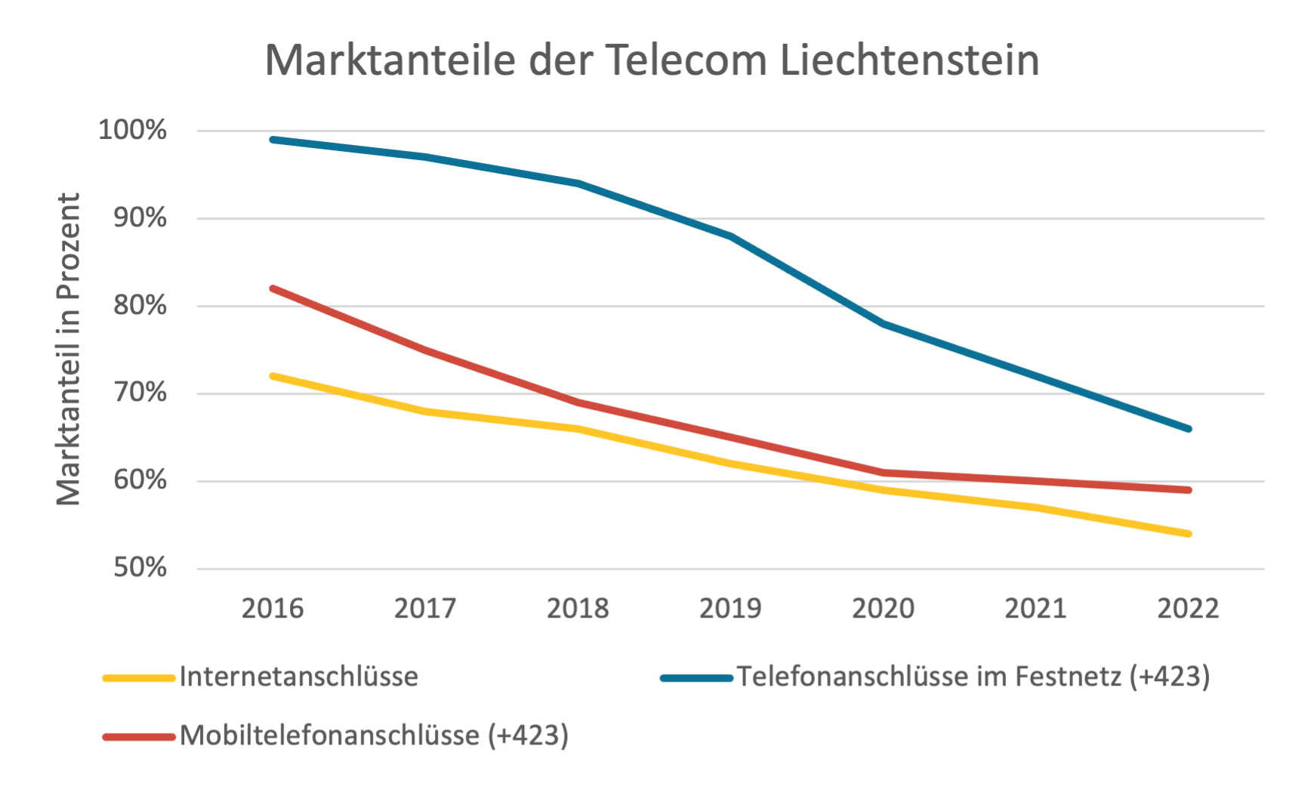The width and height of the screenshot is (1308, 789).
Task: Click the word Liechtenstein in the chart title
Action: [909, 60]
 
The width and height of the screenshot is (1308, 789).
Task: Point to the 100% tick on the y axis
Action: [133, 130]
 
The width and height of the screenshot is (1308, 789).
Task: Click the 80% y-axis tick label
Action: [140, 305]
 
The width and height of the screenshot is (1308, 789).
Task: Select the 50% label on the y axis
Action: [140, 568]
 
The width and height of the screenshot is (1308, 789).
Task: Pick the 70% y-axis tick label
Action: [140, 393]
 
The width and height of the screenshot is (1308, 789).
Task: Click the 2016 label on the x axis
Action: [273, 609]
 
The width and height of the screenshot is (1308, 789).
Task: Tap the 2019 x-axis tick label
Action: [730, 609]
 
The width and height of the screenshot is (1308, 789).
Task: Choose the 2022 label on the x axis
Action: [1188, 609]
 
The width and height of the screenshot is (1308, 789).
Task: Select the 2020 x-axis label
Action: [883, 609]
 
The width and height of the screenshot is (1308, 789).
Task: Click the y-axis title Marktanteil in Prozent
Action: [69, 349]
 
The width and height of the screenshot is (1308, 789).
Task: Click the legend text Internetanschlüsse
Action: [299, 677]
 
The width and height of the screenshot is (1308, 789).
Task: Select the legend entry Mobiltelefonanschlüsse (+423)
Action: [374, 735]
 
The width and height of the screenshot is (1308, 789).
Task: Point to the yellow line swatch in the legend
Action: [140, 678]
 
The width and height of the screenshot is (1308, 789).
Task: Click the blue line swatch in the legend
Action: [696, 678]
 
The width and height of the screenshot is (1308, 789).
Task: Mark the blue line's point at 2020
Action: [884, 323]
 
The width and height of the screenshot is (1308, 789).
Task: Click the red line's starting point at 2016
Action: [273, 288]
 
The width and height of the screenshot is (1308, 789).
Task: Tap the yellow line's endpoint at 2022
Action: [1189, 534]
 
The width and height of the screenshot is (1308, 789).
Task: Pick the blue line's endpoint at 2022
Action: [1189, 429]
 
